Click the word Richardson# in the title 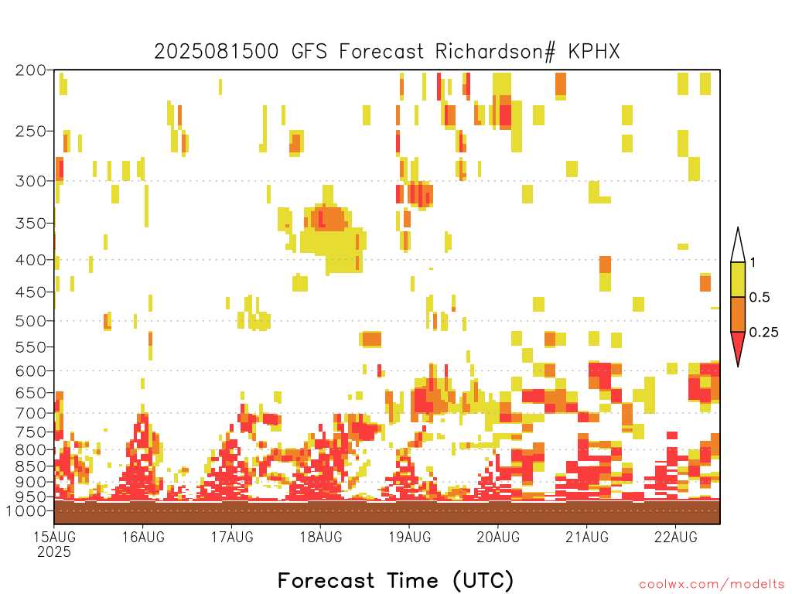[x=495, y=52]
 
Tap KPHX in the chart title [x=593, y=52]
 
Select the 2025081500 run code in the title [x=217, y=52]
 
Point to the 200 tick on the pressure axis [x=31, y=70]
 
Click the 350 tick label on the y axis [x=31, y=224]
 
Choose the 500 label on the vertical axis [x=31, y=321]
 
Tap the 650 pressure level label [x=31, y=392]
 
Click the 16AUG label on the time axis [x=143, y=537]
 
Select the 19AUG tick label [x=410, y=537]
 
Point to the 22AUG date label [x=676, y=537]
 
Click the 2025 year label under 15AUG [x=54, y=552]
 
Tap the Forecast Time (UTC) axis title [x=395, y=581]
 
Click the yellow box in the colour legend [x=738, y=279]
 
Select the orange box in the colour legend [x=738, y=314]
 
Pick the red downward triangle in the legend [x=738, y=346]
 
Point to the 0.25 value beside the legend [x=763, y=333]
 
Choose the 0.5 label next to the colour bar [x=760, y=298]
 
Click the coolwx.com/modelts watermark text [x=712, y=585]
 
